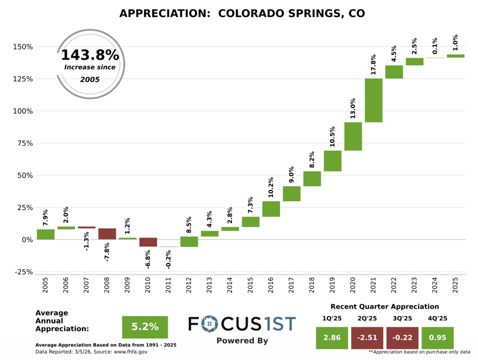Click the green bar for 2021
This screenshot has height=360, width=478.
(373, 100)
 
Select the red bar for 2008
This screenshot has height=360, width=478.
(107, 233)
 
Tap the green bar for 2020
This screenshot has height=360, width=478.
(353, 136)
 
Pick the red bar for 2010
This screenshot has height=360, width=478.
(148, 242)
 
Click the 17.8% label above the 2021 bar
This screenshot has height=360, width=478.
(373, 64)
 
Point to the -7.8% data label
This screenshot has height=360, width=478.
(107, 252)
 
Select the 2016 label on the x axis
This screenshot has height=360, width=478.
(271, 286)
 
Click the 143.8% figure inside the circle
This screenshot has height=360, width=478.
(90, 56)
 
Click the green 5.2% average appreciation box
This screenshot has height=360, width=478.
(145, 327)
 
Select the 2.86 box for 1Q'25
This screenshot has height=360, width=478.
(331, 338)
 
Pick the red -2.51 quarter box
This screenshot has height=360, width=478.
(367, 338)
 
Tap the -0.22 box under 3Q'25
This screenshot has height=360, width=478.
(402, 338)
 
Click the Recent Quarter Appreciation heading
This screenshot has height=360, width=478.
(385, 307)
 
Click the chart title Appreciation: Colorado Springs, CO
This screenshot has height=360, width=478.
(242, 14)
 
